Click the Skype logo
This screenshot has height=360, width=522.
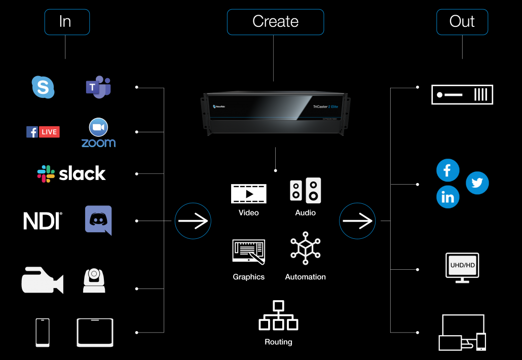(x=43, y=87)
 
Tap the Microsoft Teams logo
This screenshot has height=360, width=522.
(x=98, y=87)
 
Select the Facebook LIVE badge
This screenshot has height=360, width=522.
(x=43, y=132)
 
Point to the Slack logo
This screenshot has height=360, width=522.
(x=71, y=173)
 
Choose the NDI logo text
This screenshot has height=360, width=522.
(x=43, y=221)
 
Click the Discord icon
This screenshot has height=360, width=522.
(x=98, y=220)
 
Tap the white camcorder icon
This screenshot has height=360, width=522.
(x=42, y=280)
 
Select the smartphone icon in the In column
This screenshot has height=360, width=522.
(x=43, y=333)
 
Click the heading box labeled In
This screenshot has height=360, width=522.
(x=67, y=22)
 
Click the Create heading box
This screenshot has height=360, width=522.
(x=275, y=22)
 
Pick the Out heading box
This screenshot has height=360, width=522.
(x=462, y=22)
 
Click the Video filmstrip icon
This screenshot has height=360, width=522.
(x=248, y=194)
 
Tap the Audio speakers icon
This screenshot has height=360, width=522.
(x=305, y=191)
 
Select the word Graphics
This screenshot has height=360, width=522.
(x=249, y=277)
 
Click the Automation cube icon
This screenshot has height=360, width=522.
(x=305, y=248)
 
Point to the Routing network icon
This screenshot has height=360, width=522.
(x=278, y=316)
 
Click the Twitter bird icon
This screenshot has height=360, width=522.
(x=477, y=183)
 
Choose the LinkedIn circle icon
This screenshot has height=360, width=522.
(x=448, y=197)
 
